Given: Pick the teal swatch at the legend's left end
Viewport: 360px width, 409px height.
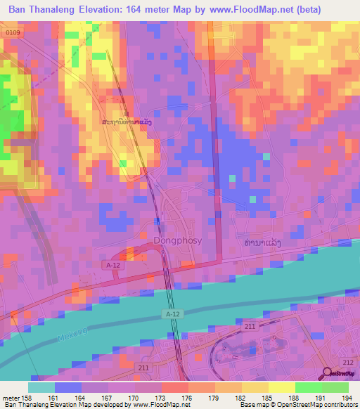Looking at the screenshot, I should coord(41,387).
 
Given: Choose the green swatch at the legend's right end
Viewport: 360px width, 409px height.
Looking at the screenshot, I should coord(335,387).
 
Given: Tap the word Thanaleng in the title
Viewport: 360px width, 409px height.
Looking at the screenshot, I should coord(59,10).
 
